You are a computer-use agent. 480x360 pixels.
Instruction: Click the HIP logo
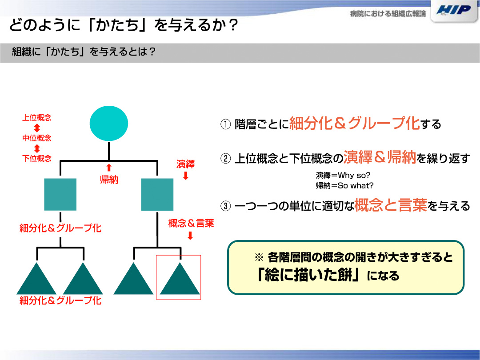(454, 10)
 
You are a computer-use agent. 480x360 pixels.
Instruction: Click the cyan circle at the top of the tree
(109, 124)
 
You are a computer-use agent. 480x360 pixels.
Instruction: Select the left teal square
(60, 194)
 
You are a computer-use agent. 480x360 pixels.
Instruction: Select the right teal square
(157, 194)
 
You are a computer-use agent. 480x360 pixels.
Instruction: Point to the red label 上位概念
(37, 117)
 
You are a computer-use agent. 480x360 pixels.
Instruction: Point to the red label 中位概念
(37, 138)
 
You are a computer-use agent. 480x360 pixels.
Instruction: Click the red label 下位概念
(37, 159)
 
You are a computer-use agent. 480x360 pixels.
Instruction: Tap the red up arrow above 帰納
(109, 168)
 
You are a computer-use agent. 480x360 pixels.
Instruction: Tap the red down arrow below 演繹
(185, 176)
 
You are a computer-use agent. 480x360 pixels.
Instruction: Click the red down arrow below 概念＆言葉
(190, 236)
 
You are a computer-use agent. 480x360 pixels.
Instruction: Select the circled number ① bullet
(226, 124)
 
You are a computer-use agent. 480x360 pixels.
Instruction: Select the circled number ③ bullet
(226, 206)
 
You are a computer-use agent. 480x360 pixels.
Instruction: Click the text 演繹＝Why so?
(343, 176)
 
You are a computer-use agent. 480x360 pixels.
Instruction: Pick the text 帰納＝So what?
(345, 185)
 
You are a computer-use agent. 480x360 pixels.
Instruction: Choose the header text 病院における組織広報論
(388, 14)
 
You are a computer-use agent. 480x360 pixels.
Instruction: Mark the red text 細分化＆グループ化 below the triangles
(60, 300)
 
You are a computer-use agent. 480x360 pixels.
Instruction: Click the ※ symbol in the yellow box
(259, 257)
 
